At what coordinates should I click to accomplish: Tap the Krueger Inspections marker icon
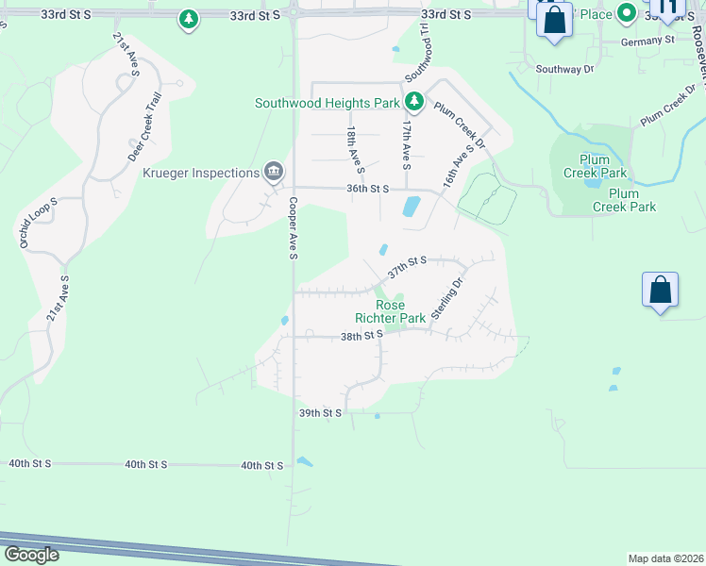tap(274, 172)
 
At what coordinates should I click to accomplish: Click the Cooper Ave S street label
tap(294, 228)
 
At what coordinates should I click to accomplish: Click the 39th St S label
tap(319, 413)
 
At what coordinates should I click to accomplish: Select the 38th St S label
tap(361, 335)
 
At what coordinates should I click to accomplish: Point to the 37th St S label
tap(407, 268)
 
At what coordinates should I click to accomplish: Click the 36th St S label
tap(368, 189)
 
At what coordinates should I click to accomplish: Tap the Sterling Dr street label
tap(448, 299)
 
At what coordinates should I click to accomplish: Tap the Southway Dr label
tap(564, 69)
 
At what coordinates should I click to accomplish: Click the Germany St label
tap(647, 41)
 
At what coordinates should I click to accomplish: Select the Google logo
tap(30, 555)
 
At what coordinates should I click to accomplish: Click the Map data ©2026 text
tap(665, 558)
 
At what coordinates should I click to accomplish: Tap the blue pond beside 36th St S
tap(411, 207)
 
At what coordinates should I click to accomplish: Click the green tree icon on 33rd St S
tap(189, 18)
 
